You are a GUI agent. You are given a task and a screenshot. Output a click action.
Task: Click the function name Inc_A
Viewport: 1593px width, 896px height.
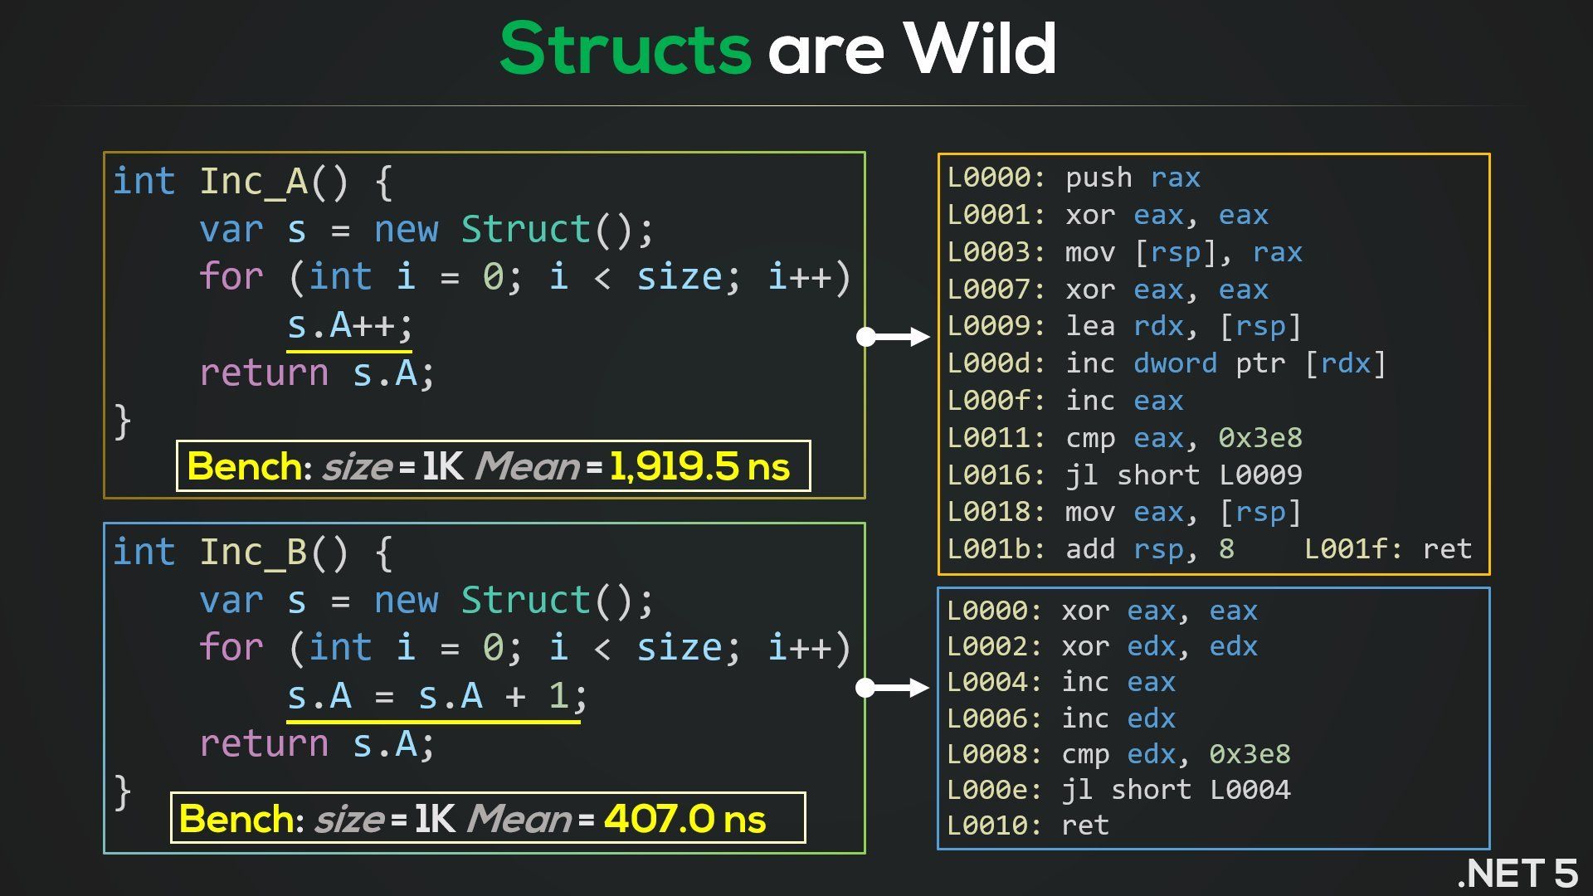click(253, 182)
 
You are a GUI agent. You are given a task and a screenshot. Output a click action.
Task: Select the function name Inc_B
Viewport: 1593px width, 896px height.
click(253, 553)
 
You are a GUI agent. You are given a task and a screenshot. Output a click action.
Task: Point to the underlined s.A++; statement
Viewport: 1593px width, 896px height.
click(349, 325)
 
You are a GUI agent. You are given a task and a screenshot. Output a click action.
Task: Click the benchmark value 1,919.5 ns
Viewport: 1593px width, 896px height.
click(699, 466)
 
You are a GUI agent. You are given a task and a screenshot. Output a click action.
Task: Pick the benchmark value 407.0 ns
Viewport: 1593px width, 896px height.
click(684, 819)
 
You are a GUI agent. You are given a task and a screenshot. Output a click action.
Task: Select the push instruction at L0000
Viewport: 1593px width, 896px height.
click(1099, 178)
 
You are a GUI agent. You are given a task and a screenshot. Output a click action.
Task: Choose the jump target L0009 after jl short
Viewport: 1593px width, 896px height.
click(1260, 475)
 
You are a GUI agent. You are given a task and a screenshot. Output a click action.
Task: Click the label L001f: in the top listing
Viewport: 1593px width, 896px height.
click(1354, 549)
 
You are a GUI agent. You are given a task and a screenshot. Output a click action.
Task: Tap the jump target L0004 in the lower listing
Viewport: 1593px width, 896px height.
click(1250, 790)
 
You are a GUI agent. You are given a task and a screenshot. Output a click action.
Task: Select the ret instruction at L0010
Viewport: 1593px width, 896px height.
click(1085, 825)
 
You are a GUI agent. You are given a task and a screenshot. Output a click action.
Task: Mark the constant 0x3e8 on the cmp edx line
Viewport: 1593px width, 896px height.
click(1250, 754)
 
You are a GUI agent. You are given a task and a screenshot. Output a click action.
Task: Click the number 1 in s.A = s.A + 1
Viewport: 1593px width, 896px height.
click(558, 696)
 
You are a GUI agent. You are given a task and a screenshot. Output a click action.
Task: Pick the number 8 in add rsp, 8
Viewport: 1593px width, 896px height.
click(1226, 549)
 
